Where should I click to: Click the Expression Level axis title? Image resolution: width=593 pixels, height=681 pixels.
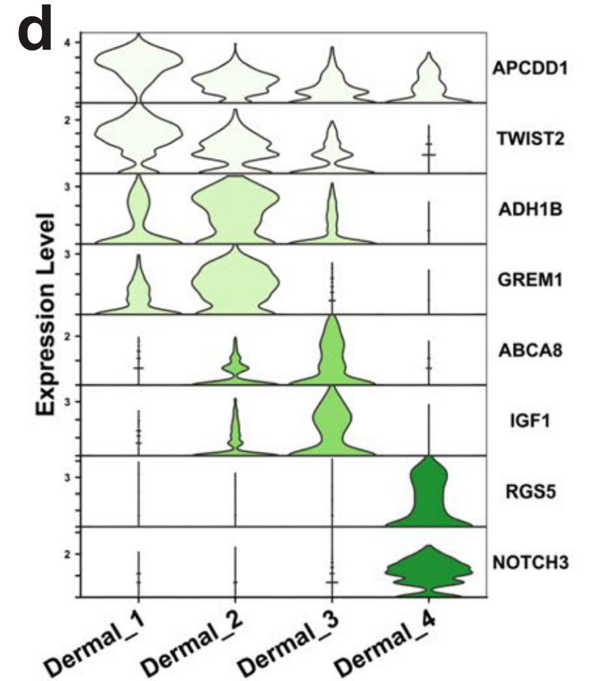point(46,314)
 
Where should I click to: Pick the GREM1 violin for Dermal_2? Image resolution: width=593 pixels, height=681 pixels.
point(235,282)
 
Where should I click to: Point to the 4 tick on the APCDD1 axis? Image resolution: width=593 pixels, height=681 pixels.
point(68,42)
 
